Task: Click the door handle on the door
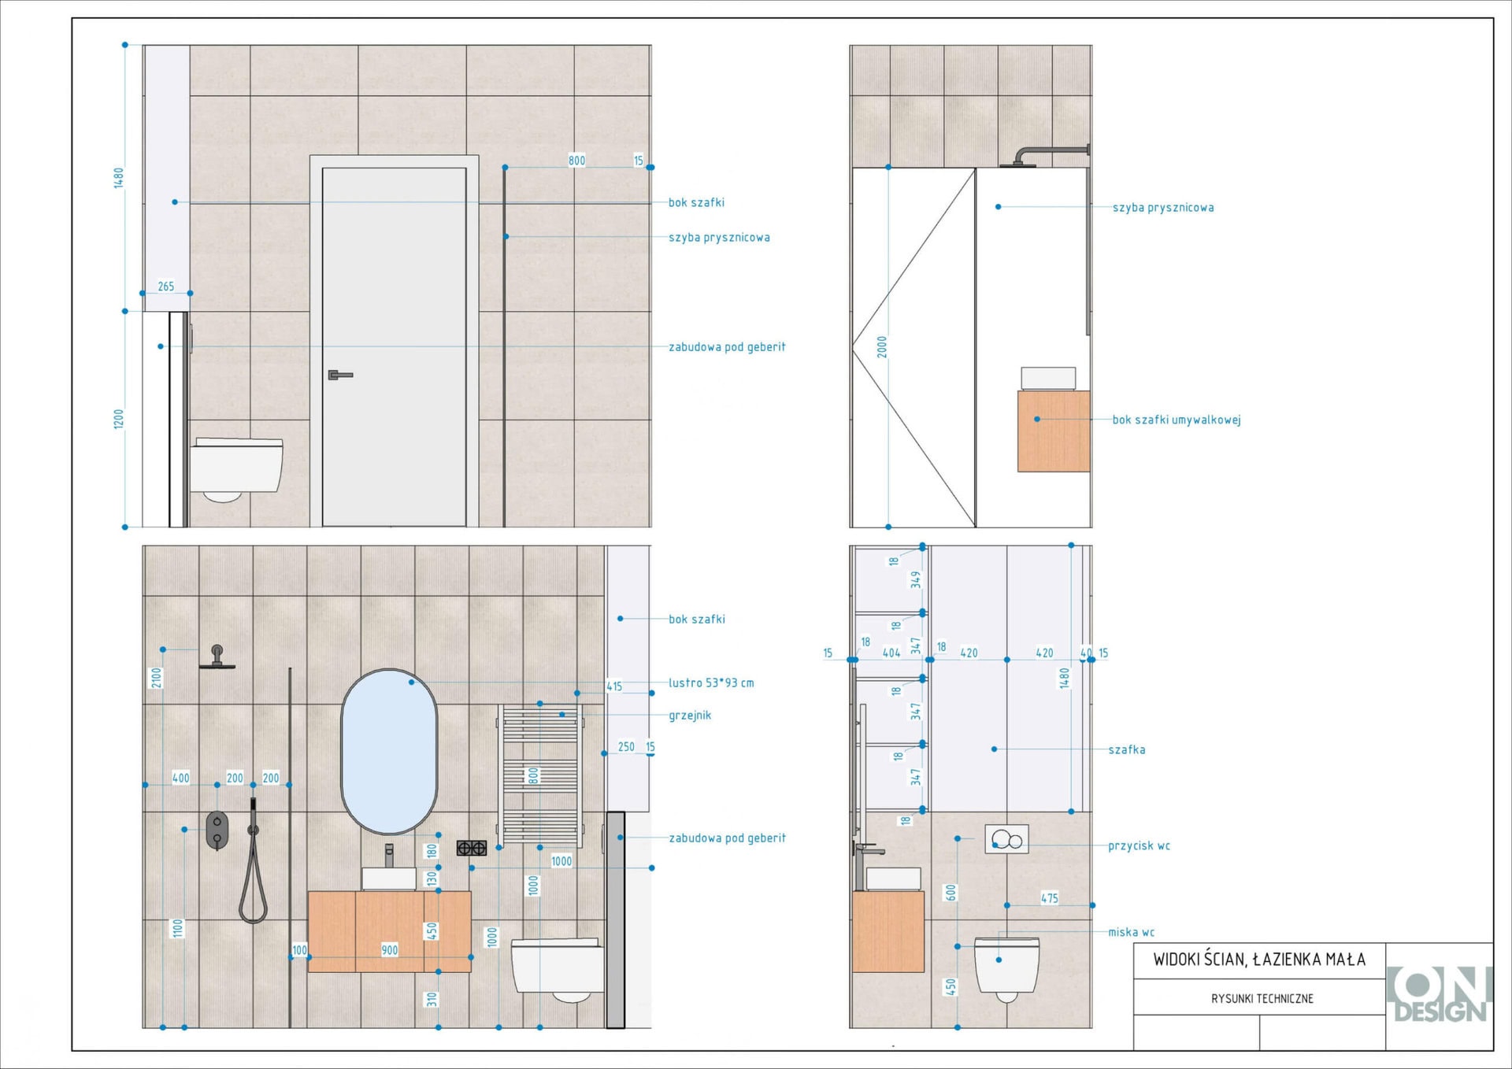[x=339, y=375]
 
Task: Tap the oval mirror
[x=389, y=752]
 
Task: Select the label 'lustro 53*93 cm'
[x=711, y=682]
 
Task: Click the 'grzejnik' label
[x=690, y=715]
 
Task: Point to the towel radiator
[x=541, y=775]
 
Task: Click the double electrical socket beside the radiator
[x=472, y=848]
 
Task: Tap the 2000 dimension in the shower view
[x=882, y=347]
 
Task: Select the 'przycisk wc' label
[x=1139, y=845]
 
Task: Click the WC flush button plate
[x=1006, y=839]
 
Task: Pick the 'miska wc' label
[x=1131, y=932]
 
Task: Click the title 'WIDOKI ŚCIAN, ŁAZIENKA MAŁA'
[x=1259, y=959]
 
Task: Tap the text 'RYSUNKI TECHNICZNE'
[x=1262, y=998]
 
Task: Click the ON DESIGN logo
[x=1439, y=995]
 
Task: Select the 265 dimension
[x=166, y=287]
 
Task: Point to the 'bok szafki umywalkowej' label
[x=1177, y=420]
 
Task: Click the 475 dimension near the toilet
[x=1050, y=898]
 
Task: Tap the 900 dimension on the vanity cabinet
[x=390, y=950]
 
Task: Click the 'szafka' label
[x=1127, y=749]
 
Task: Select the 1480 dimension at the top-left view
[x=119, y=178]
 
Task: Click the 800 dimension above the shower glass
[x=577, y=161]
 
